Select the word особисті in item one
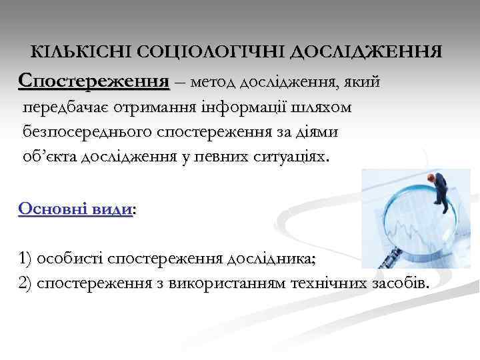pyautogui.click(x=70, y=258)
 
